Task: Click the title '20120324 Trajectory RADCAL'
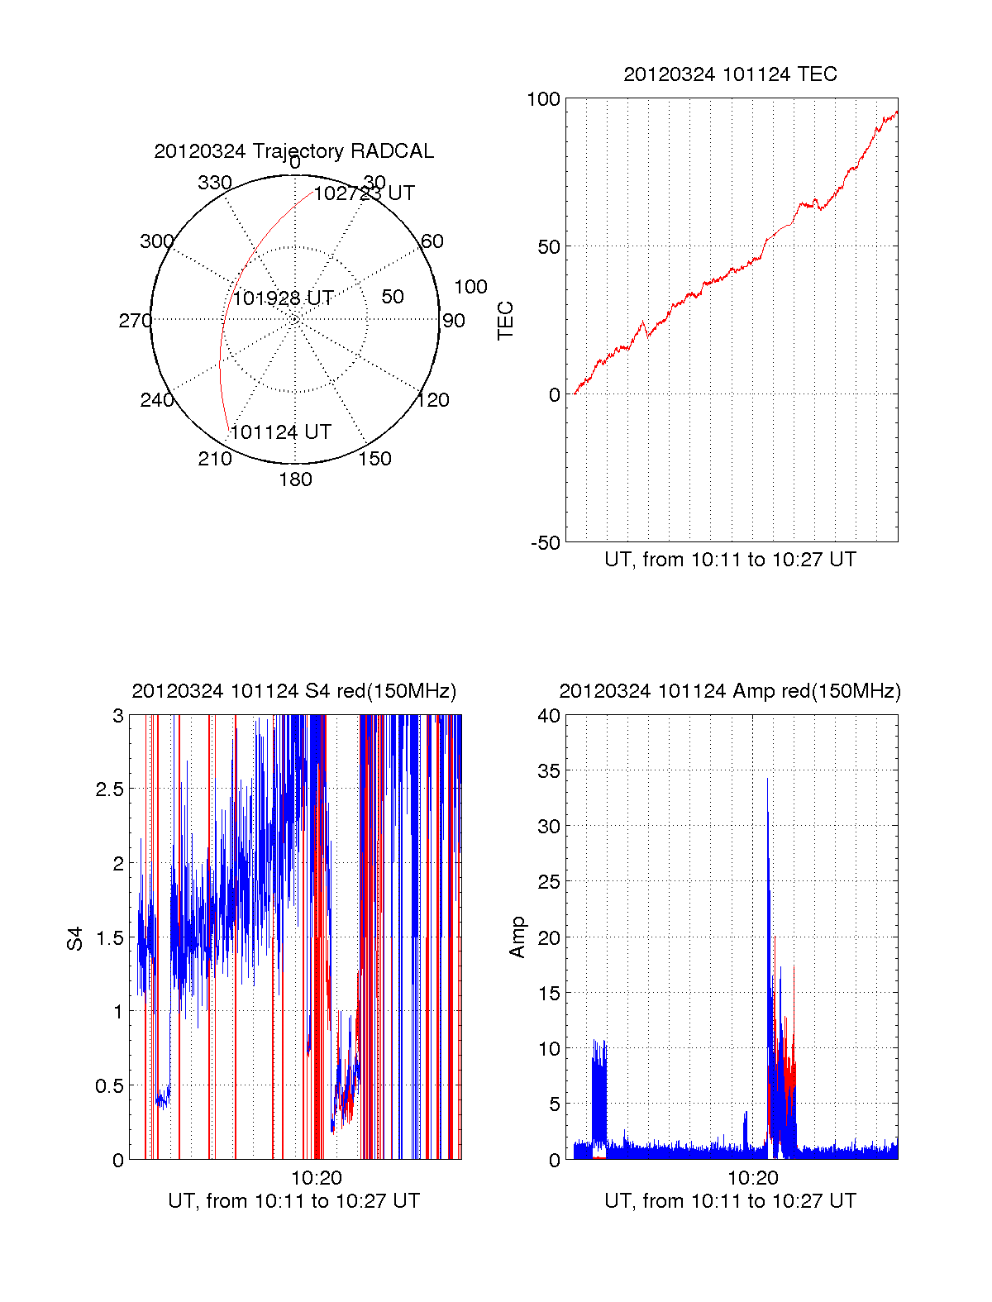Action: click(x=293, y=151)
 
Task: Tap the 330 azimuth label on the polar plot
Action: click(x=215, y=183)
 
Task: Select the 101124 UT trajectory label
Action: click(x=281, y=432)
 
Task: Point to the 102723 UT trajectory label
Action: click(x=365, y=193)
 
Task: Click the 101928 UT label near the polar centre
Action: click(x=283, y=298)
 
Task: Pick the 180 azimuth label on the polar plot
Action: click(x=295, y=479)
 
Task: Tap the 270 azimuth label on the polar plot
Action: click(x=135, y=321)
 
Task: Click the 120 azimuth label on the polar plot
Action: click(x=433, y=400)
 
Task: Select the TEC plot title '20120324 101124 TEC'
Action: click(x=730, y=74)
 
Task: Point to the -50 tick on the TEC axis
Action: click(x=545, y=543)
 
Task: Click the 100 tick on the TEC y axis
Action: click(x=543, y=99)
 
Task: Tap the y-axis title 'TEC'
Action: click(x=505, y=321)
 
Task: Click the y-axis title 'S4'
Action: click(x=75, y=938)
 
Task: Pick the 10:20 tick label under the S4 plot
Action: click(x=316, y=1178)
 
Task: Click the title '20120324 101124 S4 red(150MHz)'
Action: click(x=293, y=691)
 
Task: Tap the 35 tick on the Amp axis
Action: click(x=549, y=771)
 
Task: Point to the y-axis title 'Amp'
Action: click(x=517, y=937)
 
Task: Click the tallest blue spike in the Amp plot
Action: click(x=767, y=781)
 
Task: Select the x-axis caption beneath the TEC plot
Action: click(x=730, y=560)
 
